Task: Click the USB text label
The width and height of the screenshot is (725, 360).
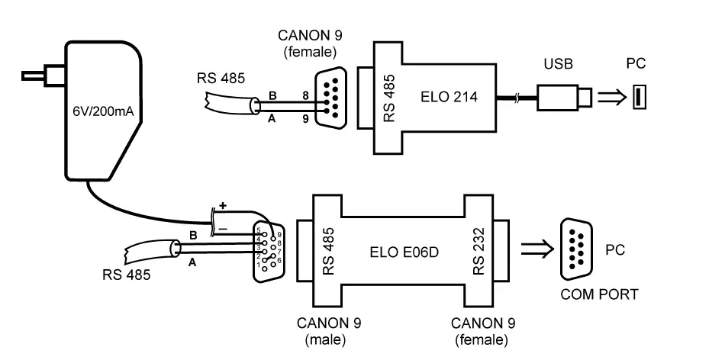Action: (x=558, y=64)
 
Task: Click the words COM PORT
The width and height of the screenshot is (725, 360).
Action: (x=599, y=294)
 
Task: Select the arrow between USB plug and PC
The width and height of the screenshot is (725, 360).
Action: (x=609, y=97)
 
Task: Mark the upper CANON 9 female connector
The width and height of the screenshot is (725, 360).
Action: (x=327, y=98)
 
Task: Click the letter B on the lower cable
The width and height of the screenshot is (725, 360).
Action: (x=193, y=236)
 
